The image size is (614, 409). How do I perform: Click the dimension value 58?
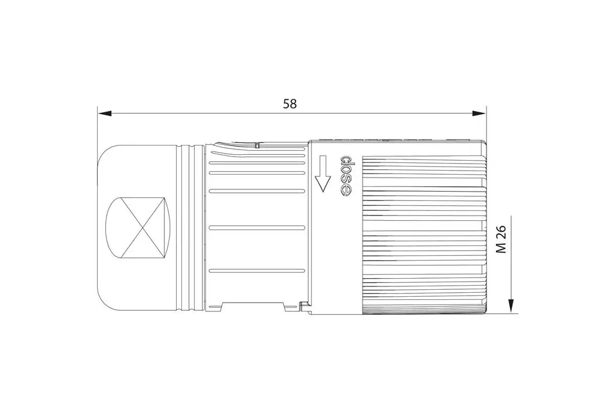point(289,104)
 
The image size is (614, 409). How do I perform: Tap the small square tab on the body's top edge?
point(256,144)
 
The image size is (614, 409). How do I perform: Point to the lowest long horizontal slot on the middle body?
point(257,270)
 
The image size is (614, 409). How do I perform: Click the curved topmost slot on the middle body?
point(257,154)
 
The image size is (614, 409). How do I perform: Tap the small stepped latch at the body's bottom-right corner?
point(302,304)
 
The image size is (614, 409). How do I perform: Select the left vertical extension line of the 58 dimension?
point(97,126)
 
